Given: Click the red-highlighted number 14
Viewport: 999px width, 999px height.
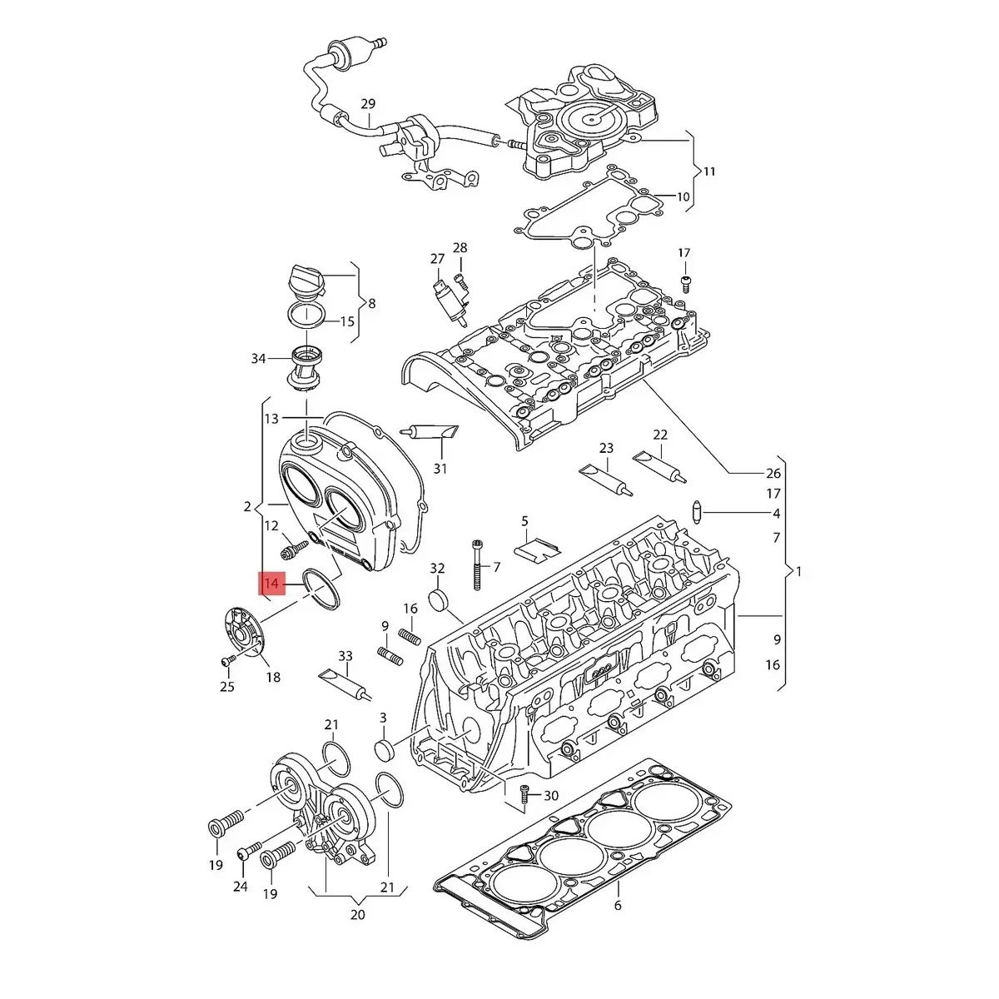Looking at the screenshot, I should tap(271, 584).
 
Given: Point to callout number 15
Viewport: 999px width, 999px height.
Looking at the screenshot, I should tap(347, 321).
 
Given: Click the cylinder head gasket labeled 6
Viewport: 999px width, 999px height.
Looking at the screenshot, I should tap(583, 841).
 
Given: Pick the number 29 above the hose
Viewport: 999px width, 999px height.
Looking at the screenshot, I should tap(368, 104).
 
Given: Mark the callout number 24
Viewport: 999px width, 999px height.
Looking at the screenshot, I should tap(241, 887).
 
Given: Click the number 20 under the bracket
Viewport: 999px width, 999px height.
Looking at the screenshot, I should tap(357, 914).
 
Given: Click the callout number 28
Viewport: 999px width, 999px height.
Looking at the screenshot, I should tap(460, 248).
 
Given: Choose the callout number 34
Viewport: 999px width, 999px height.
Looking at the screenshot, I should tap(258, 359).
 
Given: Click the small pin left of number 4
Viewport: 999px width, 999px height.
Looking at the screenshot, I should tap(699, 510).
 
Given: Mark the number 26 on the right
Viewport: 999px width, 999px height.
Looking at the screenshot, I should tap(773, 473).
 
